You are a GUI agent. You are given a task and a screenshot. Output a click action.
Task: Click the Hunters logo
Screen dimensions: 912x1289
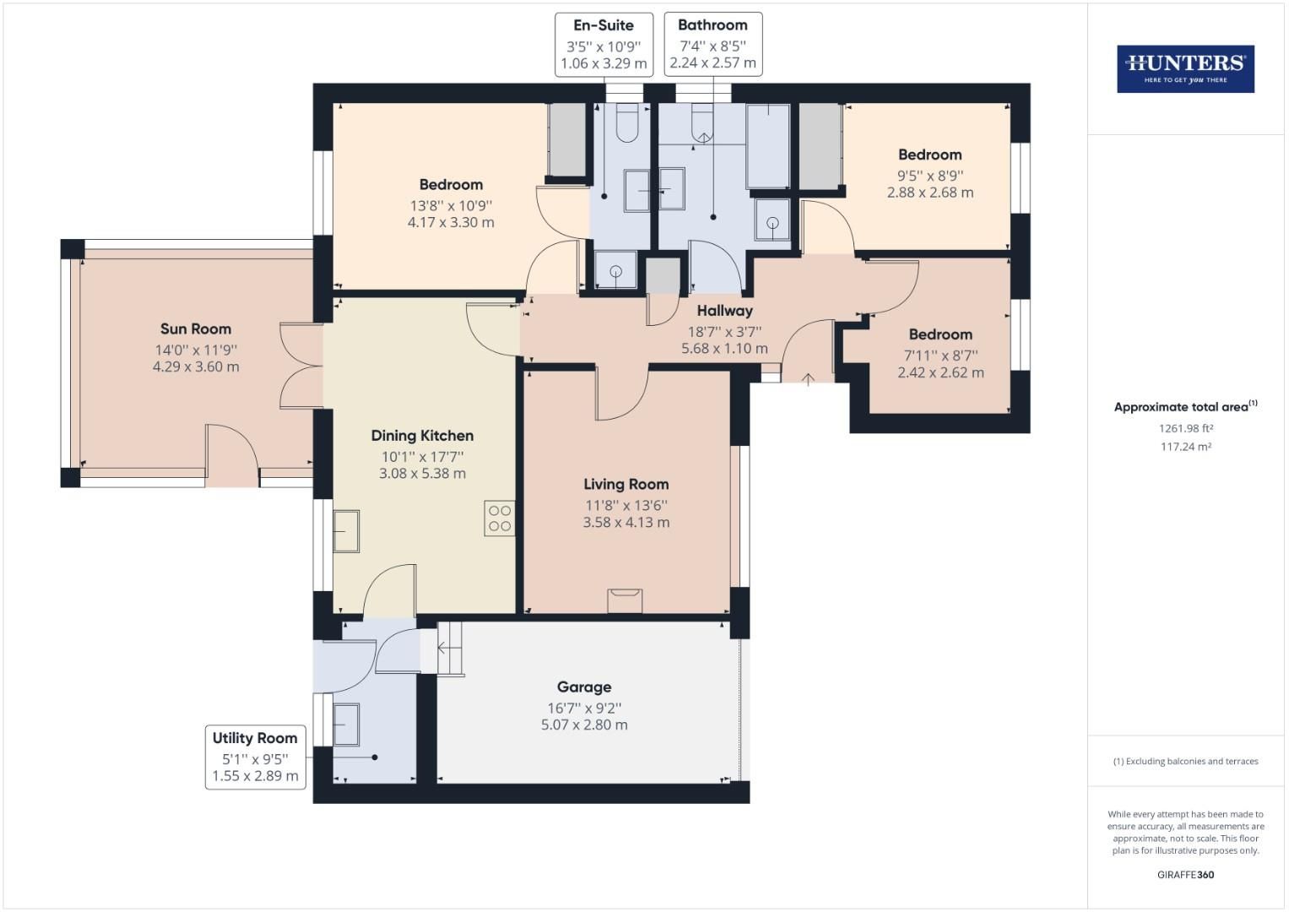[1185, 69]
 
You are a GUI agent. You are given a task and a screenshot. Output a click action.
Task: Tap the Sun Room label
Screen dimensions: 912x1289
[196, 329]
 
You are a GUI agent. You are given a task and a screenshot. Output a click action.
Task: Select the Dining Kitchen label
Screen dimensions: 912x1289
[422, 436]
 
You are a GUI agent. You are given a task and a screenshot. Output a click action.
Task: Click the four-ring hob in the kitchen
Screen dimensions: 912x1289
[499, 518]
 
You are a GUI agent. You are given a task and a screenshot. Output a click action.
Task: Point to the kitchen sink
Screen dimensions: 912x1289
[346, 531]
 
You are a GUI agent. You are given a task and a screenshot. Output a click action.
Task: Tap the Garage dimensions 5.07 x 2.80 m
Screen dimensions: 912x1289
[584, 725]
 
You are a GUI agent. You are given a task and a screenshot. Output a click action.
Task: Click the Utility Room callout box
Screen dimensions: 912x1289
[255, 757]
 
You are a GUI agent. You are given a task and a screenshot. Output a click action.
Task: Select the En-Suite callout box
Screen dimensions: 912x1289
[604, 44]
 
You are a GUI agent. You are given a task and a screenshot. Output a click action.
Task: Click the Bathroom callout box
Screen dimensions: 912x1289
[712, 44]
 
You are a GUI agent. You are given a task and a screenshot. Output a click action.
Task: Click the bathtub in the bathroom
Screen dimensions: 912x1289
[768, 145]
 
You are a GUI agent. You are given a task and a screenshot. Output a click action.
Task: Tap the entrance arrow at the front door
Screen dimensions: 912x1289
[807, 379]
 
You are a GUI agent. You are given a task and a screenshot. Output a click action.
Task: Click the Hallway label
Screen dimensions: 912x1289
[724, 311]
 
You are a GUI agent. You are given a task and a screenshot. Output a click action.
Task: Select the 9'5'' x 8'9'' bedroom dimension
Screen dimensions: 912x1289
[929, 176]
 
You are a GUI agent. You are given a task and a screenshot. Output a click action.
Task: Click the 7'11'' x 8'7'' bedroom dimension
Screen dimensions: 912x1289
[940, 356]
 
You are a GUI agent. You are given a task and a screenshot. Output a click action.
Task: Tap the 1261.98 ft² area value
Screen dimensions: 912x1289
[1185, 428]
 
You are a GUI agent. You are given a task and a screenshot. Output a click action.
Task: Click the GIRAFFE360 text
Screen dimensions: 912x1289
[1185, 875]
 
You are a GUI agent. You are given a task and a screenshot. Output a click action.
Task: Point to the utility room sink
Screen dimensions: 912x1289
[346, 725]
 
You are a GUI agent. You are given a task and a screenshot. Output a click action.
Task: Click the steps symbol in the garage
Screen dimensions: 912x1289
[450, 649]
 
